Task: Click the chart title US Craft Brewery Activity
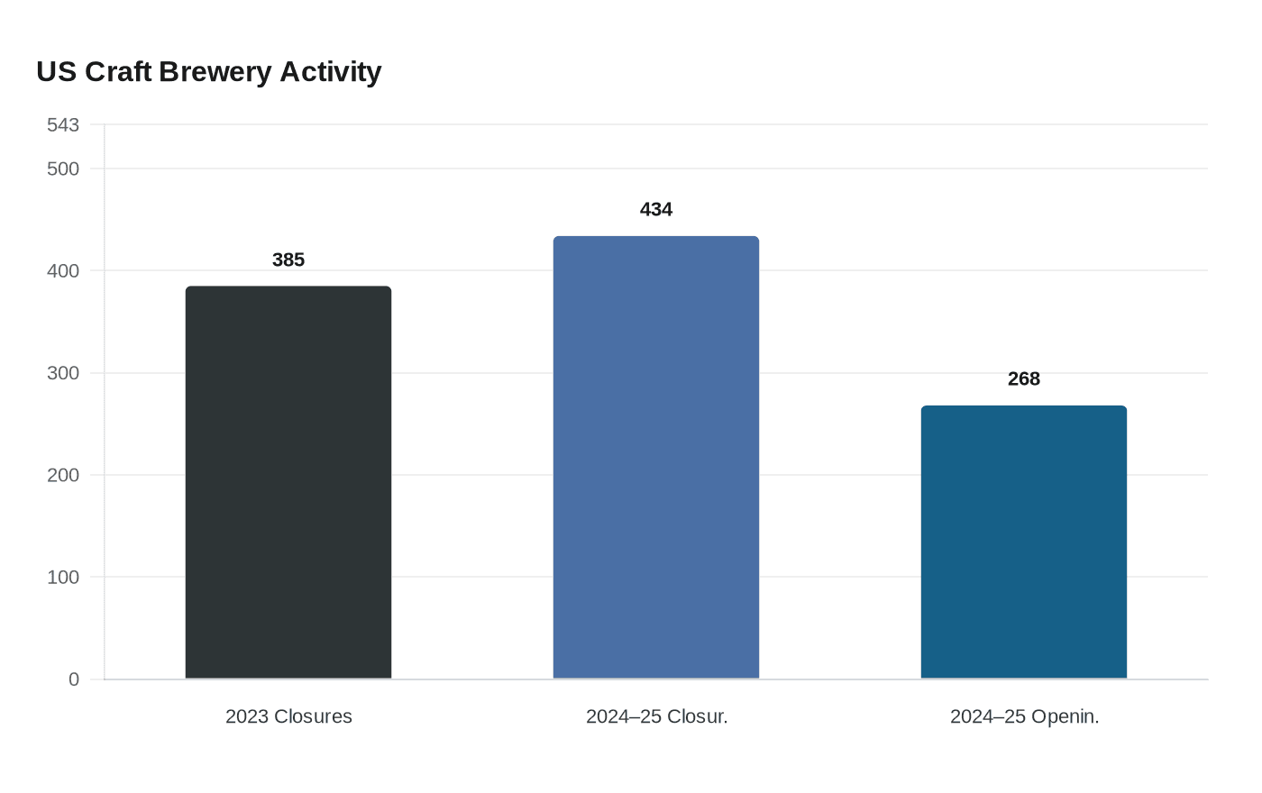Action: [208, 71]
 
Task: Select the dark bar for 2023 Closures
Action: [288, 482]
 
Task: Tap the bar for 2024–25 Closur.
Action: [656, 457]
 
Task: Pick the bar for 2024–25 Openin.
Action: [1024, 542]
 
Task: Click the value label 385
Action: [288, 260]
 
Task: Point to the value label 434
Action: [656, 209]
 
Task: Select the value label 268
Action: [1024, 378]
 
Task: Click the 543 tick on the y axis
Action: [63, 124]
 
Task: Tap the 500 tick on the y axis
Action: [63, 169]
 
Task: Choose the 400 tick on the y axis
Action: [63, 270]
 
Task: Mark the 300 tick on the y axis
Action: [63, 372]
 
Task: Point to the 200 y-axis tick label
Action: [63, 475]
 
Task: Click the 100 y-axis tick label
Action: [63, 577]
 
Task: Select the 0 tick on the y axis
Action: [74, 679]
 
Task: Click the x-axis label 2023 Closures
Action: [288, 716]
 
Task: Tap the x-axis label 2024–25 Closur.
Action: [656, 716]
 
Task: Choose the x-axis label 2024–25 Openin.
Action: [1024, 716]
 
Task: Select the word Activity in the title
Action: [330, 71]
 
